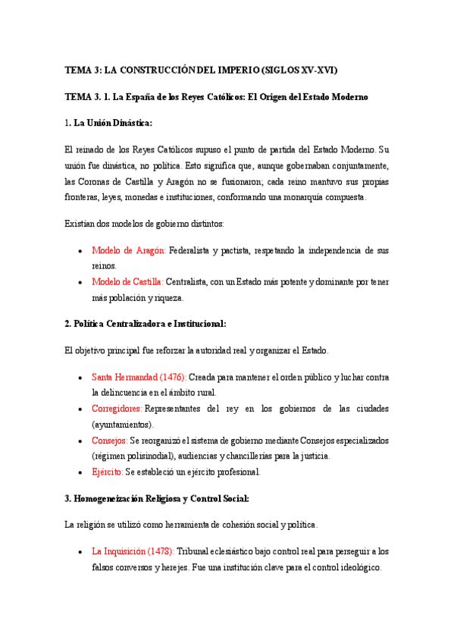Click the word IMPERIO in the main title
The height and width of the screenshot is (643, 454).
point(233,71)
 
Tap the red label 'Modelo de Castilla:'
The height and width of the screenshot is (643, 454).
point(127,282)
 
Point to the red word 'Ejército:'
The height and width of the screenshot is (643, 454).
point(108,472)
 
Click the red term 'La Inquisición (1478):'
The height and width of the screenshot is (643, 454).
point(133,551)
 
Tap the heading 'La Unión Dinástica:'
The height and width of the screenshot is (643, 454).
point(113,122)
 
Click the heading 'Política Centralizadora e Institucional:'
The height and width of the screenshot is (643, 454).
point(150,323)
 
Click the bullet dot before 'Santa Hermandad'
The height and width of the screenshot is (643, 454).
point(81,377)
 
